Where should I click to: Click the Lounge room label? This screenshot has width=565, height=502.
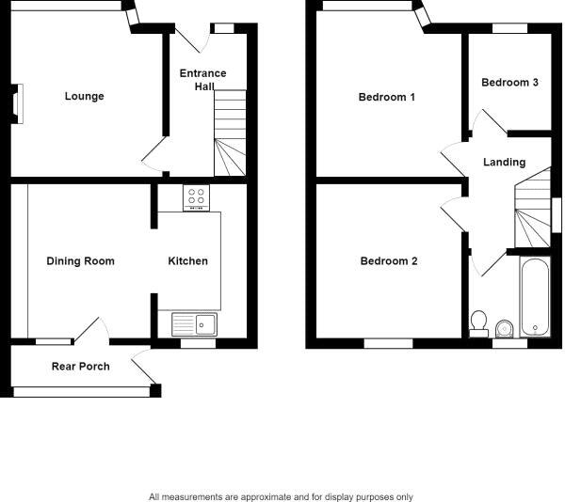[x=84, y=96]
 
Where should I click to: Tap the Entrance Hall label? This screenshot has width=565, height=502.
[x=202, y=79]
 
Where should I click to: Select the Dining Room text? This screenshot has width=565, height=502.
[x=80, y=260]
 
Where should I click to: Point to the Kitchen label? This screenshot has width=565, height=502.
[x=187, y=260]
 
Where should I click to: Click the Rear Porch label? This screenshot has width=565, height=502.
[x=80, y=366]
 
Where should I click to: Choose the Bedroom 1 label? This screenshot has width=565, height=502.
[x=387, y=97]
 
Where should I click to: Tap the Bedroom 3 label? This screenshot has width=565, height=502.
[x=509, y=83]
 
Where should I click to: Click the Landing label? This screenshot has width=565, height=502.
[x=504, y=163]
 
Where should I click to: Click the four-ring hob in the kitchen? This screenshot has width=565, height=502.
[x=198, y=199]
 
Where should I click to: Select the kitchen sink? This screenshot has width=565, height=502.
[x=194, y=324]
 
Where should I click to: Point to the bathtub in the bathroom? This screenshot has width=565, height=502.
[x=533, y=295]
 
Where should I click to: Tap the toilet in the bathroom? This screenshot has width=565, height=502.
[x=478, y=322]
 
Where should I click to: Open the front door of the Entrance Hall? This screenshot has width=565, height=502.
[x=192, y=39]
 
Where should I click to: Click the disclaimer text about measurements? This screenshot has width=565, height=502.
[x=281, y=496]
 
